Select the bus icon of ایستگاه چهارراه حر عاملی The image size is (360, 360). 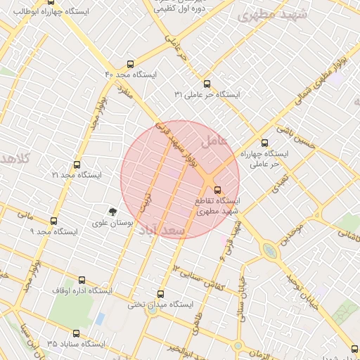click(x=264, y=142)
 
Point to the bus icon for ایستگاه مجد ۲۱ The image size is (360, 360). click(x=77, y=164)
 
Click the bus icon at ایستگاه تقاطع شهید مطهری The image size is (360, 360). click(x=217, y=189)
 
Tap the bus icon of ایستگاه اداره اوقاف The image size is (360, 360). click(x=82, y=280)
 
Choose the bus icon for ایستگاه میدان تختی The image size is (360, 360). click(x=160, y=294)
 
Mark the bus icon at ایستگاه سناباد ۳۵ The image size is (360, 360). click(x=76, y=333)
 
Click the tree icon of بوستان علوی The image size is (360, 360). click(x=112, y=211)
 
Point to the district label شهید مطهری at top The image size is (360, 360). click(x=264, y=15)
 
